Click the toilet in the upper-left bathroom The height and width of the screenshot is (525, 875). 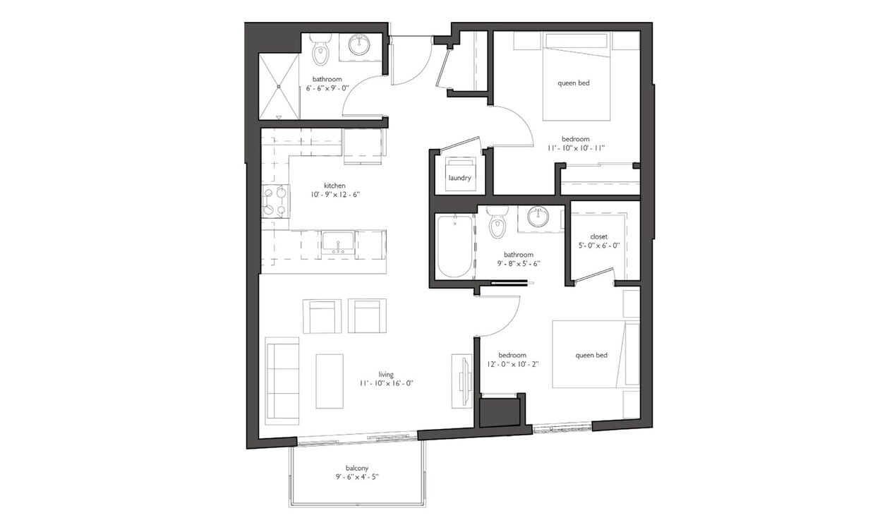click(320, 52)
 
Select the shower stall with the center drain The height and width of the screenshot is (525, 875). click(279, 87)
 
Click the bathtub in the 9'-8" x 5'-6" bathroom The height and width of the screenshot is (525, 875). click(454, 246)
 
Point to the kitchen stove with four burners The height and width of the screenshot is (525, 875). click(275, 201)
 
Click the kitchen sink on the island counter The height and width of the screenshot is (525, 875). click(338, 242)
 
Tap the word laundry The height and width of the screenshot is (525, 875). click(459, 178)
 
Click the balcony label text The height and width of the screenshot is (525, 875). click(356, 468)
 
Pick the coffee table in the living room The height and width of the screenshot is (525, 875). click(329, 381)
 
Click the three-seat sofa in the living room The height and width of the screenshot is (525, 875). click(282, 381)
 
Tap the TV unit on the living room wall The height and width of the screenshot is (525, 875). click(462, 380)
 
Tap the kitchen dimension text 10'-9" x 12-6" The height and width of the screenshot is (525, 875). click(334, 194)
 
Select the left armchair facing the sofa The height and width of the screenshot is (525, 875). click(322, 316)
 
